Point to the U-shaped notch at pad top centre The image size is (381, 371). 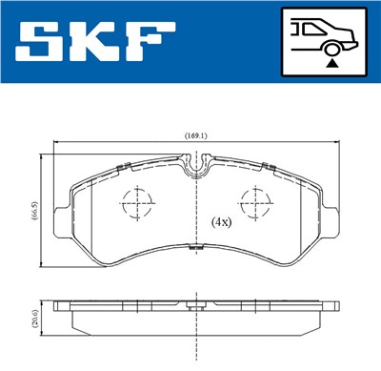196,170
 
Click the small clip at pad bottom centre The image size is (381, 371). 196,250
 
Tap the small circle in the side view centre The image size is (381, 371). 196,309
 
